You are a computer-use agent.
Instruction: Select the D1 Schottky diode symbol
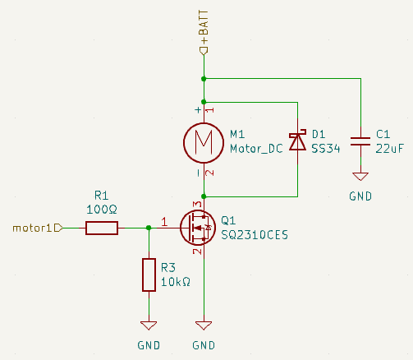point(298,141)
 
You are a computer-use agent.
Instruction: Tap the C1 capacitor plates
point(360,141)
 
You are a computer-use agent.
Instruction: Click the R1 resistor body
point(102,228)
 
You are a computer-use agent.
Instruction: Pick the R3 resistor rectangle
point(149,275)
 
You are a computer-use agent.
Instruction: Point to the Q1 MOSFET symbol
point(198,228)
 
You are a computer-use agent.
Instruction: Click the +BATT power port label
point(204,26)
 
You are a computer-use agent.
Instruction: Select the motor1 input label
point(32,228)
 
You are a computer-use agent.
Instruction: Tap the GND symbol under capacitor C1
point(360,177)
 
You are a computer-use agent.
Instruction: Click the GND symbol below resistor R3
point(149,325)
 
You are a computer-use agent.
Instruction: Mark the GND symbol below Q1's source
point(204,325)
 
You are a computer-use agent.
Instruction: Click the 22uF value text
point(389,149)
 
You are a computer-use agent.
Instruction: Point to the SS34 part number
point(326,149)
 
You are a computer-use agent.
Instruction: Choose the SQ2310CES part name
point(255,235)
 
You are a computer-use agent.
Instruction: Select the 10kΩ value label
point(176,282)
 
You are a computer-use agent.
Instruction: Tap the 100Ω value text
point(102,210)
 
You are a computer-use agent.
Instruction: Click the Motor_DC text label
point(256,149)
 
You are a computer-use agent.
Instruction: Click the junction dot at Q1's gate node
point(149,228)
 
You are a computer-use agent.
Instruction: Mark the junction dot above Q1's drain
point(204,196)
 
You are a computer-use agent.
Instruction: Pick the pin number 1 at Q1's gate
point(164,222)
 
